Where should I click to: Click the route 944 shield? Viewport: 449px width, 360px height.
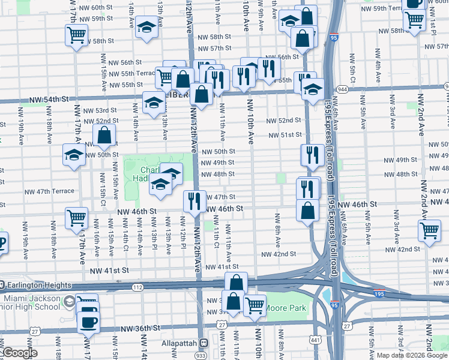click(x=342, y=89)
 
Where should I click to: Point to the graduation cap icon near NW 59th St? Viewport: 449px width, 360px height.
click(x=146, y=27)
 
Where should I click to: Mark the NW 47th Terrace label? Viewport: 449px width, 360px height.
click(x=49, y=191)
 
